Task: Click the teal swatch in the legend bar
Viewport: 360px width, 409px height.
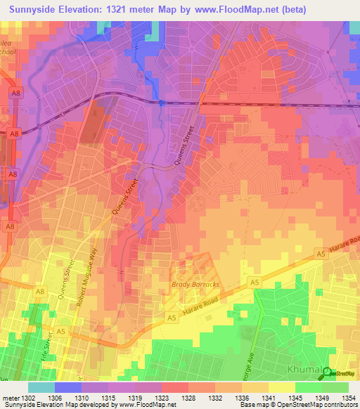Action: point(41,387)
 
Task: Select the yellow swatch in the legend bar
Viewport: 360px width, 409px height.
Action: point(282,387)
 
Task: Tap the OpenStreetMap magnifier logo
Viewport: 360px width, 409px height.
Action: point(326,373)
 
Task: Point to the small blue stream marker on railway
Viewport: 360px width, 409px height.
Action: point(161,103)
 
